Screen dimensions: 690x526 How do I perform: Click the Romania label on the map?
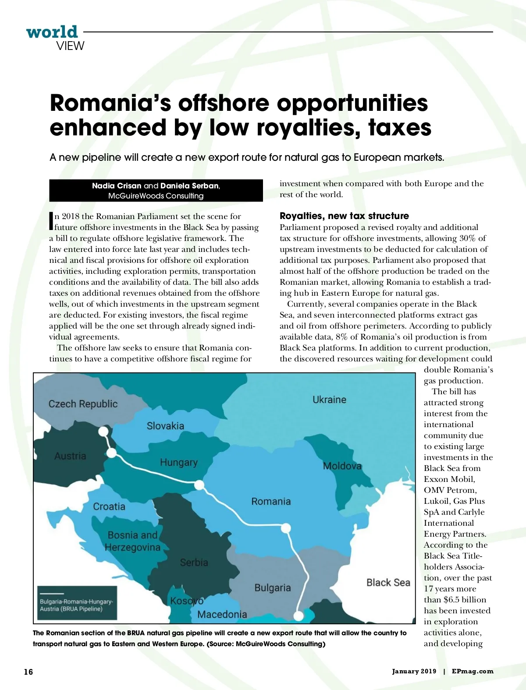271,501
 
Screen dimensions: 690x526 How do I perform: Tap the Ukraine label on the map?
329,400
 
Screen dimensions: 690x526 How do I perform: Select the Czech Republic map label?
83,404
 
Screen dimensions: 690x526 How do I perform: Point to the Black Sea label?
388,582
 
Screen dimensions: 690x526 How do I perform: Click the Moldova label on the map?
342,466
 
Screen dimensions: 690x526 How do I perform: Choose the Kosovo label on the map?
187,601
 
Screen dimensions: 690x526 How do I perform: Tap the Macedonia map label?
222,614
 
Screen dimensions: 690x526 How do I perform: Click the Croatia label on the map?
109,506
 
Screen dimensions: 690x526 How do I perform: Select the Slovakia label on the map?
165,426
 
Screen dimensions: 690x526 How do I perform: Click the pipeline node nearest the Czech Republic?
103,432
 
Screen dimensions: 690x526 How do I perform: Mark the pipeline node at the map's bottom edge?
299,616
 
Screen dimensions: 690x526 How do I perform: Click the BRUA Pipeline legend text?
76,605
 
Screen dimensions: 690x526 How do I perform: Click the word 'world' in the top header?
52,32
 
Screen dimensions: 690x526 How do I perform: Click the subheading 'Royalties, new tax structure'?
344,216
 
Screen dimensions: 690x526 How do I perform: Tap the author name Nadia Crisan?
117,186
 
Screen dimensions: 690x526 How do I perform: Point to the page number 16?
28,672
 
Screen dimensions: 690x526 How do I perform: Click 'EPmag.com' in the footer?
473,671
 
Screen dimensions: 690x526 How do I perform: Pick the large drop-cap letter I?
51,221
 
